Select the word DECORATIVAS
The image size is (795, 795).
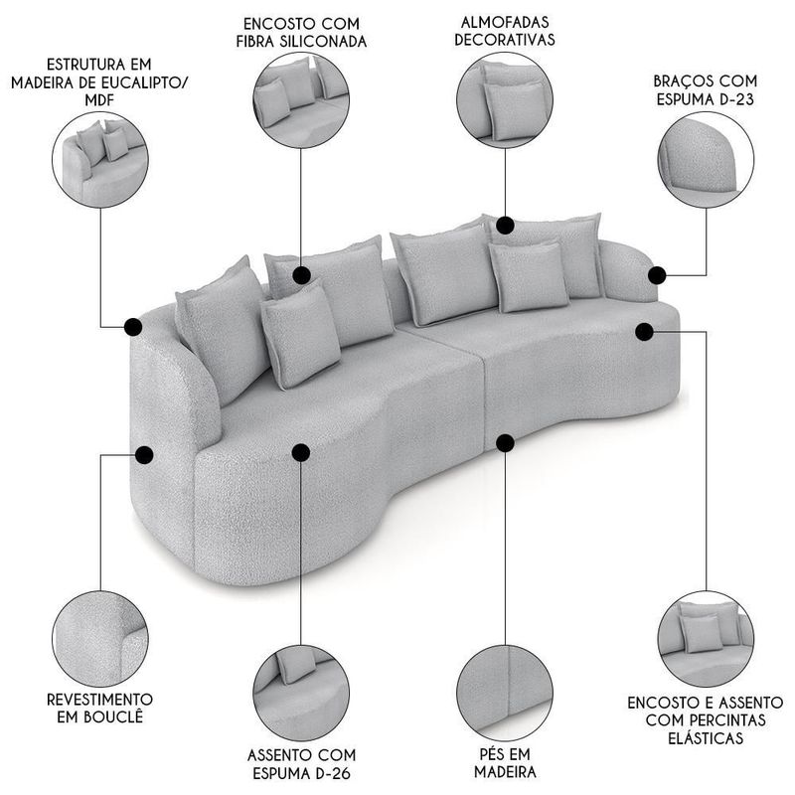505,40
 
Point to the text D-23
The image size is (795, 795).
734,98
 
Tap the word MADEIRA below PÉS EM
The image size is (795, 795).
505,772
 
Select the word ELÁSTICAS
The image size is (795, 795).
706,737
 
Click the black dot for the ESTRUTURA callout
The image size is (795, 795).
133,327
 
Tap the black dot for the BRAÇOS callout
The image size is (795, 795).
657,275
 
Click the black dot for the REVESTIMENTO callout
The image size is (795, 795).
144,455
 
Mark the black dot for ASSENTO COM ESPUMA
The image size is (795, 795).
301,453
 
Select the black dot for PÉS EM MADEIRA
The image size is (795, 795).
505,443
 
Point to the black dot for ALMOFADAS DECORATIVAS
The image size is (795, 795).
505,225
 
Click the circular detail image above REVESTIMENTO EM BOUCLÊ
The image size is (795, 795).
100,639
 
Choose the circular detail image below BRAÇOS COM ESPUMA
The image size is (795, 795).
706,159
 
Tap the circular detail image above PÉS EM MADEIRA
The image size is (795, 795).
505,694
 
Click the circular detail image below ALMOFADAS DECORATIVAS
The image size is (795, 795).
505,100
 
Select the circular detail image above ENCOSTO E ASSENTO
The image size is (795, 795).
706,639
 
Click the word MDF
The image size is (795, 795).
99,100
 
